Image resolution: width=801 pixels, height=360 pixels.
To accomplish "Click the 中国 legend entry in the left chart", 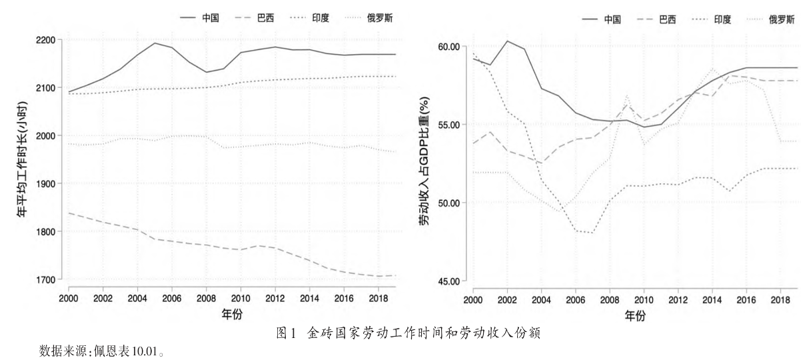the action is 199,17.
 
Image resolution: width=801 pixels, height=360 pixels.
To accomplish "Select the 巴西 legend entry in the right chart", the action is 656,19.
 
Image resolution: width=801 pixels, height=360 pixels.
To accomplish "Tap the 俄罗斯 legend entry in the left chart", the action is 370,17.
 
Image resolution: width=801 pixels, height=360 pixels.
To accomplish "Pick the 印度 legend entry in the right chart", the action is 712,19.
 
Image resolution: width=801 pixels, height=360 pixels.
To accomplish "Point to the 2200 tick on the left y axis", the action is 45,40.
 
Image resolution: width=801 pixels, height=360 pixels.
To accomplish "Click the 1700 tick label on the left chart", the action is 45,279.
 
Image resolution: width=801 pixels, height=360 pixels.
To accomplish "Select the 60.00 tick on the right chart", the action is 448,47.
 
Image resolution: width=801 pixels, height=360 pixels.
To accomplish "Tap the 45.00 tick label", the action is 448,281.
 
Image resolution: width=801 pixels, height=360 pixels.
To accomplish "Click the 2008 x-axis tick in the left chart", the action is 207,298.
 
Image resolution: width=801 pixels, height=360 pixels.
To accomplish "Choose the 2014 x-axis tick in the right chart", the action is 712,300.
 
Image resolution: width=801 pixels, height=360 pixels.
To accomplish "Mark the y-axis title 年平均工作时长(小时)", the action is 22,159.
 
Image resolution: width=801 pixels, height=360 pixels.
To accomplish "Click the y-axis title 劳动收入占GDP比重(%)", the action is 424,161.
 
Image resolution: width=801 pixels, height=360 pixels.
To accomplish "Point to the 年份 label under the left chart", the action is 232,314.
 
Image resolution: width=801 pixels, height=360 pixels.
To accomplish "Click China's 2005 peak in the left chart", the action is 155,43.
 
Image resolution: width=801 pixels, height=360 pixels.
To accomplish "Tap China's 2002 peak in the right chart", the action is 507,41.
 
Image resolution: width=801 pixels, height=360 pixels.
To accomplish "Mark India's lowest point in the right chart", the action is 593,233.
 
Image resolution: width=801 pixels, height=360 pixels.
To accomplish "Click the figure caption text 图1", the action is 287,333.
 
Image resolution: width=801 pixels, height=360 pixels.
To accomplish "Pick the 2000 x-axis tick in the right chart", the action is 473,300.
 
